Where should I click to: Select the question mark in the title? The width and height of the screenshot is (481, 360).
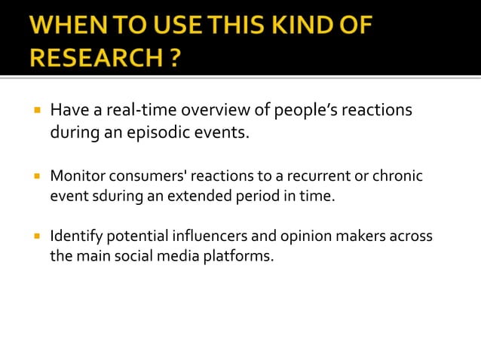pos(173,58)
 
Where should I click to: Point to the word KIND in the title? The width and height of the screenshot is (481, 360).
pos(293,25)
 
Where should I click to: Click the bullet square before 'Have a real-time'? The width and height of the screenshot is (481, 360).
pos(35,111)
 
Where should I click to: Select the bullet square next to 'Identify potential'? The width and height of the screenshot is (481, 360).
pos(35,236)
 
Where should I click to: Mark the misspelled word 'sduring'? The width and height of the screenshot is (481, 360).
pos(109,196)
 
